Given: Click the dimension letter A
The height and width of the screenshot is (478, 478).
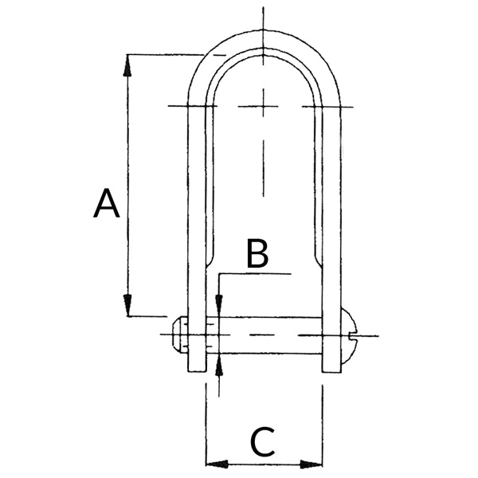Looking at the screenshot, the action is click(107, 203).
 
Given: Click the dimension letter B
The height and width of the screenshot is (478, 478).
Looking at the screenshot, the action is click(257, 253).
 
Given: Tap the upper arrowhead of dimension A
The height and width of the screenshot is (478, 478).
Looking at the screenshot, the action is click(127, 65).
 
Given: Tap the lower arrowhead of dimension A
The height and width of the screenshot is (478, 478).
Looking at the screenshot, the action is click(127, 305).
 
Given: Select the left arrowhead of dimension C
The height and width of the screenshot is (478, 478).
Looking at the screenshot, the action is click(217, 464).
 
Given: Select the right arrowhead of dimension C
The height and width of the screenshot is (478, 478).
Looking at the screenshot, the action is click(311, 464).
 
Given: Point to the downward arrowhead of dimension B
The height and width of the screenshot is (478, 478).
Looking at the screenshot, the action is click(219, 306).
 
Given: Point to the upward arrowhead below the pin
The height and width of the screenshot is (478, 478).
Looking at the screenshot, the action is click(219, 365).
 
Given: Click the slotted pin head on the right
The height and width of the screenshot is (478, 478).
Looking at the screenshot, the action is click(348, 335).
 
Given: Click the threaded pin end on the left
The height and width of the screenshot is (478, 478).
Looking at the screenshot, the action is click(180, 335).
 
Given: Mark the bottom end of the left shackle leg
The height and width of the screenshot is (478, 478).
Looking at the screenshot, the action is click(197, 371).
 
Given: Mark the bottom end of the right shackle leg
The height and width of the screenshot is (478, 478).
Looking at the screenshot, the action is click(331, 372).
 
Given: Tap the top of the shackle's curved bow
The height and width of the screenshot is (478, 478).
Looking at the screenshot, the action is click(264, 30).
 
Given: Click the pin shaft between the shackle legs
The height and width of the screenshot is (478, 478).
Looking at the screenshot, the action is click(264, 335).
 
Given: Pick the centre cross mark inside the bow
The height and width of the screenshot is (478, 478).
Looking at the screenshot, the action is click(264, 107).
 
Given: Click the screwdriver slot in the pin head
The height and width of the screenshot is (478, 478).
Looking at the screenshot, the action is click(352, 336).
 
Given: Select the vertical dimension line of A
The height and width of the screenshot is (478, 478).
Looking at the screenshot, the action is click(127, 186).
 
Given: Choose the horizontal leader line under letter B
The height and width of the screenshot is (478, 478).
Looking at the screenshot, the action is click(255, 274).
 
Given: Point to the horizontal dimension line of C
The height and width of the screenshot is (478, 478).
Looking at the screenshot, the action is click(264, 464).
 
